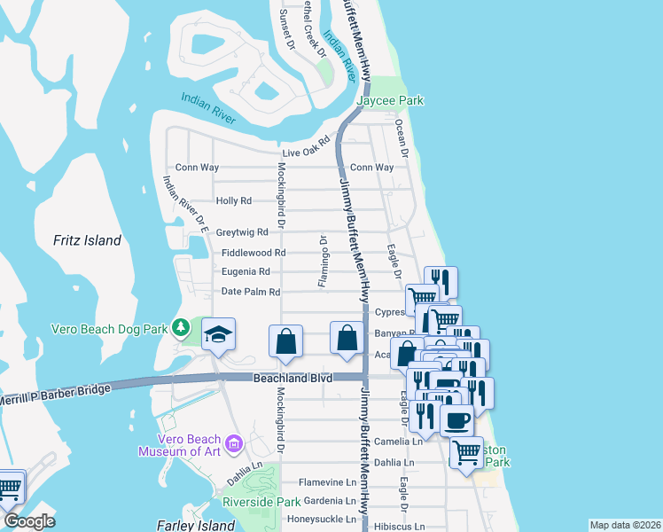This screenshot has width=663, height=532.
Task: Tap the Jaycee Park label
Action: coord(390,101)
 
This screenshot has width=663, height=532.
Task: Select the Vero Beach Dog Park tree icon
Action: coord(181,329)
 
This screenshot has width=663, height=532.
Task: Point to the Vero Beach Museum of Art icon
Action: coord(234,442)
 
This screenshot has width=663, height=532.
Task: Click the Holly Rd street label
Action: coord(234,201)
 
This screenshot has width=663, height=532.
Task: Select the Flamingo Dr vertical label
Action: coord(324,262)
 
